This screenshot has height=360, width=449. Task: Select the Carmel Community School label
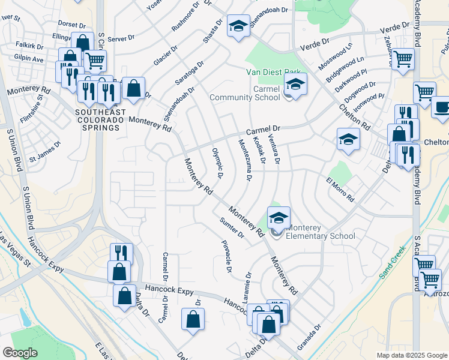tap(244, 94)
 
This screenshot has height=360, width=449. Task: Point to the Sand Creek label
tap(393, 265)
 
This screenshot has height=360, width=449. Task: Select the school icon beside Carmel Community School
tap(295, 85)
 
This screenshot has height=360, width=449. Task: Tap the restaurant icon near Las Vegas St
tap(121, 253)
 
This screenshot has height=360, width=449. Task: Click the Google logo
tap(20, 352)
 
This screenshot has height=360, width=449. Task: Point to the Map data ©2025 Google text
tap(411, 355)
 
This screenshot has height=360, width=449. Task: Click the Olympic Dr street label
tap(217, 162)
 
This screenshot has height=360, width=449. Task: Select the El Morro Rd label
tap(340, 187)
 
